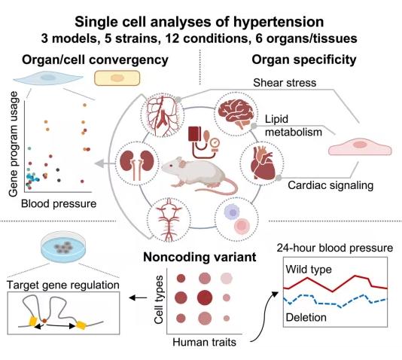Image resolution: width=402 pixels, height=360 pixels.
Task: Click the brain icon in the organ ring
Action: [236, 114]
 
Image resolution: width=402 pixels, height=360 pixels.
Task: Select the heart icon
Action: [263, 163]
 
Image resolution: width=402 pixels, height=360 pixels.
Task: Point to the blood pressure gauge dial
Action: [215, 142]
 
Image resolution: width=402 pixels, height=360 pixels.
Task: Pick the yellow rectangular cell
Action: [117, 78]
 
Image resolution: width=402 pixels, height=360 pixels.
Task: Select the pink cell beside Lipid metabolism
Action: [360, 147]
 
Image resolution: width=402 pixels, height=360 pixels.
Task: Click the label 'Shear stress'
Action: [285, 83]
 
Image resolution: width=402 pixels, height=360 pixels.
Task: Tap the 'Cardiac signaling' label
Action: [330, 185]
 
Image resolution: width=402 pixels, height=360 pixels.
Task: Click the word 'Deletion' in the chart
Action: [306, 317]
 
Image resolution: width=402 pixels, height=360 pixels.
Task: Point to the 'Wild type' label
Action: [309, 270]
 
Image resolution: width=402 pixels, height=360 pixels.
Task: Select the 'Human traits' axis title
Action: [204, 342]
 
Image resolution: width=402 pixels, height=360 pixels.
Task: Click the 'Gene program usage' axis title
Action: [14, 144]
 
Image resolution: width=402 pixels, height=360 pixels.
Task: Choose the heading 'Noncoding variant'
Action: [199, 257]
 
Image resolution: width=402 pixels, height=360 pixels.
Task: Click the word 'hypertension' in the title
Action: [279, 23]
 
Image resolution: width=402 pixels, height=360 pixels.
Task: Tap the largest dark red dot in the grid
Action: [205, 297]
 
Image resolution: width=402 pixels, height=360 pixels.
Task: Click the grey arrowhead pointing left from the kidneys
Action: [99, 163]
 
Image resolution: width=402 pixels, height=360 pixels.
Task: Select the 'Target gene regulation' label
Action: [62, 285]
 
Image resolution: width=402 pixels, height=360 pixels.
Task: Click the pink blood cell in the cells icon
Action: [242, 226]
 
